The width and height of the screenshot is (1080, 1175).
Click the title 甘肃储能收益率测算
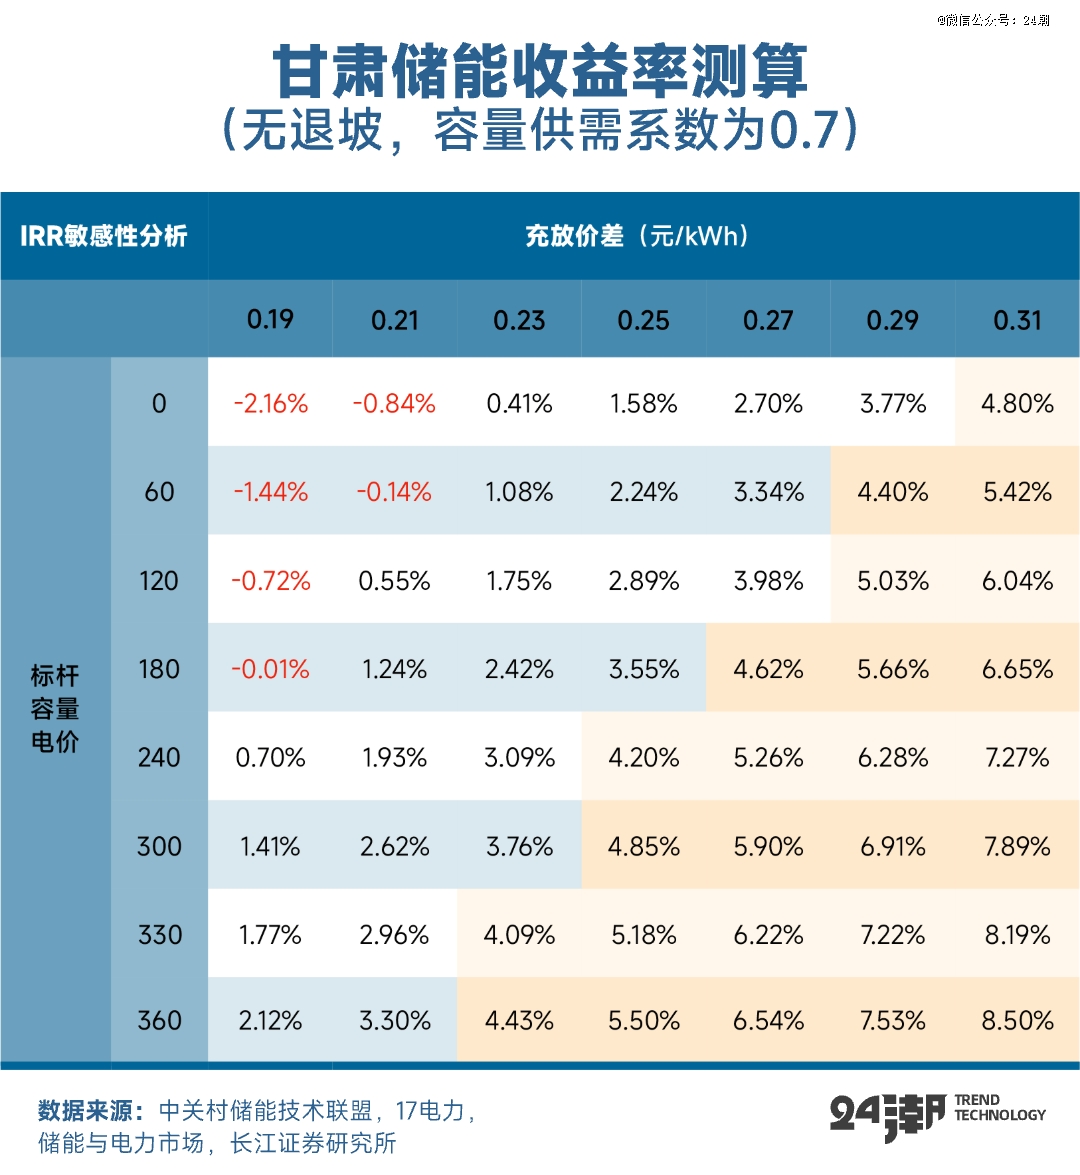540,72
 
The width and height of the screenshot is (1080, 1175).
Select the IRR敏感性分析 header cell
104,236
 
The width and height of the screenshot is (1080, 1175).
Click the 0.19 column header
270,320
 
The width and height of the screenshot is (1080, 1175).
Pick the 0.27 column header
768,320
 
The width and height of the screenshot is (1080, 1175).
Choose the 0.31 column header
1017,320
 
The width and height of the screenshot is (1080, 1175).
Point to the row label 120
159,581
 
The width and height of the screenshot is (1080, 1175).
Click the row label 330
159,935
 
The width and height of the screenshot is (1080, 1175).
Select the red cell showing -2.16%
270,404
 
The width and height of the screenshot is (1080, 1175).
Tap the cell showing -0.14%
394,492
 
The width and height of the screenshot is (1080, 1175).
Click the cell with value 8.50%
1017,1021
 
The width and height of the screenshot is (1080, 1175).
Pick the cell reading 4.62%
768,669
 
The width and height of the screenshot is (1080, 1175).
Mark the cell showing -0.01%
270,669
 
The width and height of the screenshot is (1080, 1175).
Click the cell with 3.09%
519,757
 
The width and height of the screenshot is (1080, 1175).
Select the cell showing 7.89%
1017,846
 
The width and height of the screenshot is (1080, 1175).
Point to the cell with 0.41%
519,404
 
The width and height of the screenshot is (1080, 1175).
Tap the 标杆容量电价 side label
55,709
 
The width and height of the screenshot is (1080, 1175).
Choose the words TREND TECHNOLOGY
999,1108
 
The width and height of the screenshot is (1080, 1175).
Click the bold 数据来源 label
90,1111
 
